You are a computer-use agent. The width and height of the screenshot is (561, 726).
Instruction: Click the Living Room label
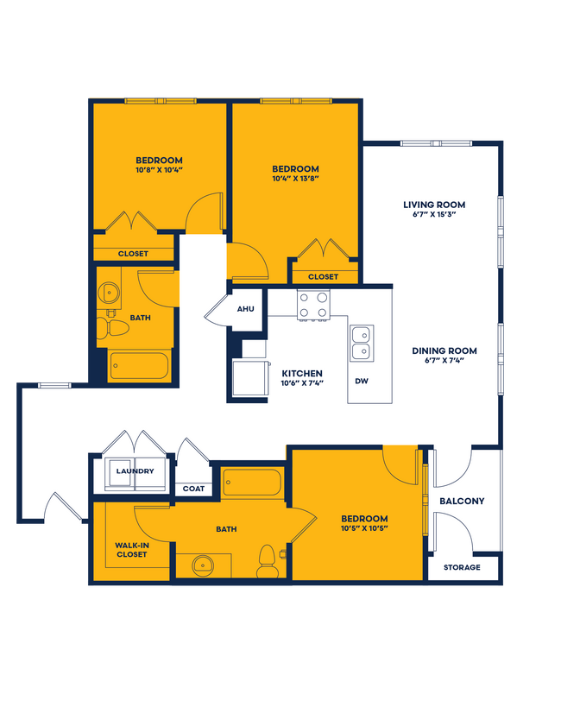[434, 205]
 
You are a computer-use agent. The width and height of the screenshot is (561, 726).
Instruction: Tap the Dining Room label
[444, 350]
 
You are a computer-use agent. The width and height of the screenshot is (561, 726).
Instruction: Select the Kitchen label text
[303, 373]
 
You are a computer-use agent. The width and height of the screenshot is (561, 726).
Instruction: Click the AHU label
[245, 309]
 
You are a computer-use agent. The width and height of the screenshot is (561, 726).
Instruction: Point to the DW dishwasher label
[362, 380]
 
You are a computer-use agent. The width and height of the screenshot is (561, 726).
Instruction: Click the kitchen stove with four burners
[313, 304]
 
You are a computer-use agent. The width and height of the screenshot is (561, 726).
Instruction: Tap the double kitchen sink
[361, 342]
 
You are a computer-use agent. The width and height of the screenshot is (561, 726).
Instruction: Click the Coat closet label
[194, 489]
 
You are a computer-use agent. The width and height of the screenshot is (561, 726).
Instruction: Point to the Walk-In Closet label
[131, 550]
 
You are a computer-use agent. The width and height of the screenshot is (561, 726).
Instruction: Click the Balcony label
[462, 501]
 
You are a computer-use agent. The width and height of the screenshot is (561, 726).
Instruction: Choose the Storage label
[463, 567]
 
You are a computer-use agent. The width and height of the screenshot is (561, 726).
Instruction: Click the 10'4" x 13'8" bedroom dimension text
[295, 180]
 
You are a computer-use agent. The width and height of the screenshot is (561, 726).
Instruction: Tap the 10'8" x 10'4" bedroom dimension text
[159, 171]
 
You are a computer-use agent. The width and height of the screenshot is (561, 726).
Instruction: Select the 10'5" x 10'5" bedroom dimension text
[364, 529]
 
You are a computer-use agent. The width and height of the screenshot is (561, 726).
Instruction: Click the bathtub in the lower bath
[252, 482]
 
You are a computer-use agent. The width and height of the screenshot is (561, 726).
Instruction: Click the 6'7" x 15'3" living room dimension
[434, 215]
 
